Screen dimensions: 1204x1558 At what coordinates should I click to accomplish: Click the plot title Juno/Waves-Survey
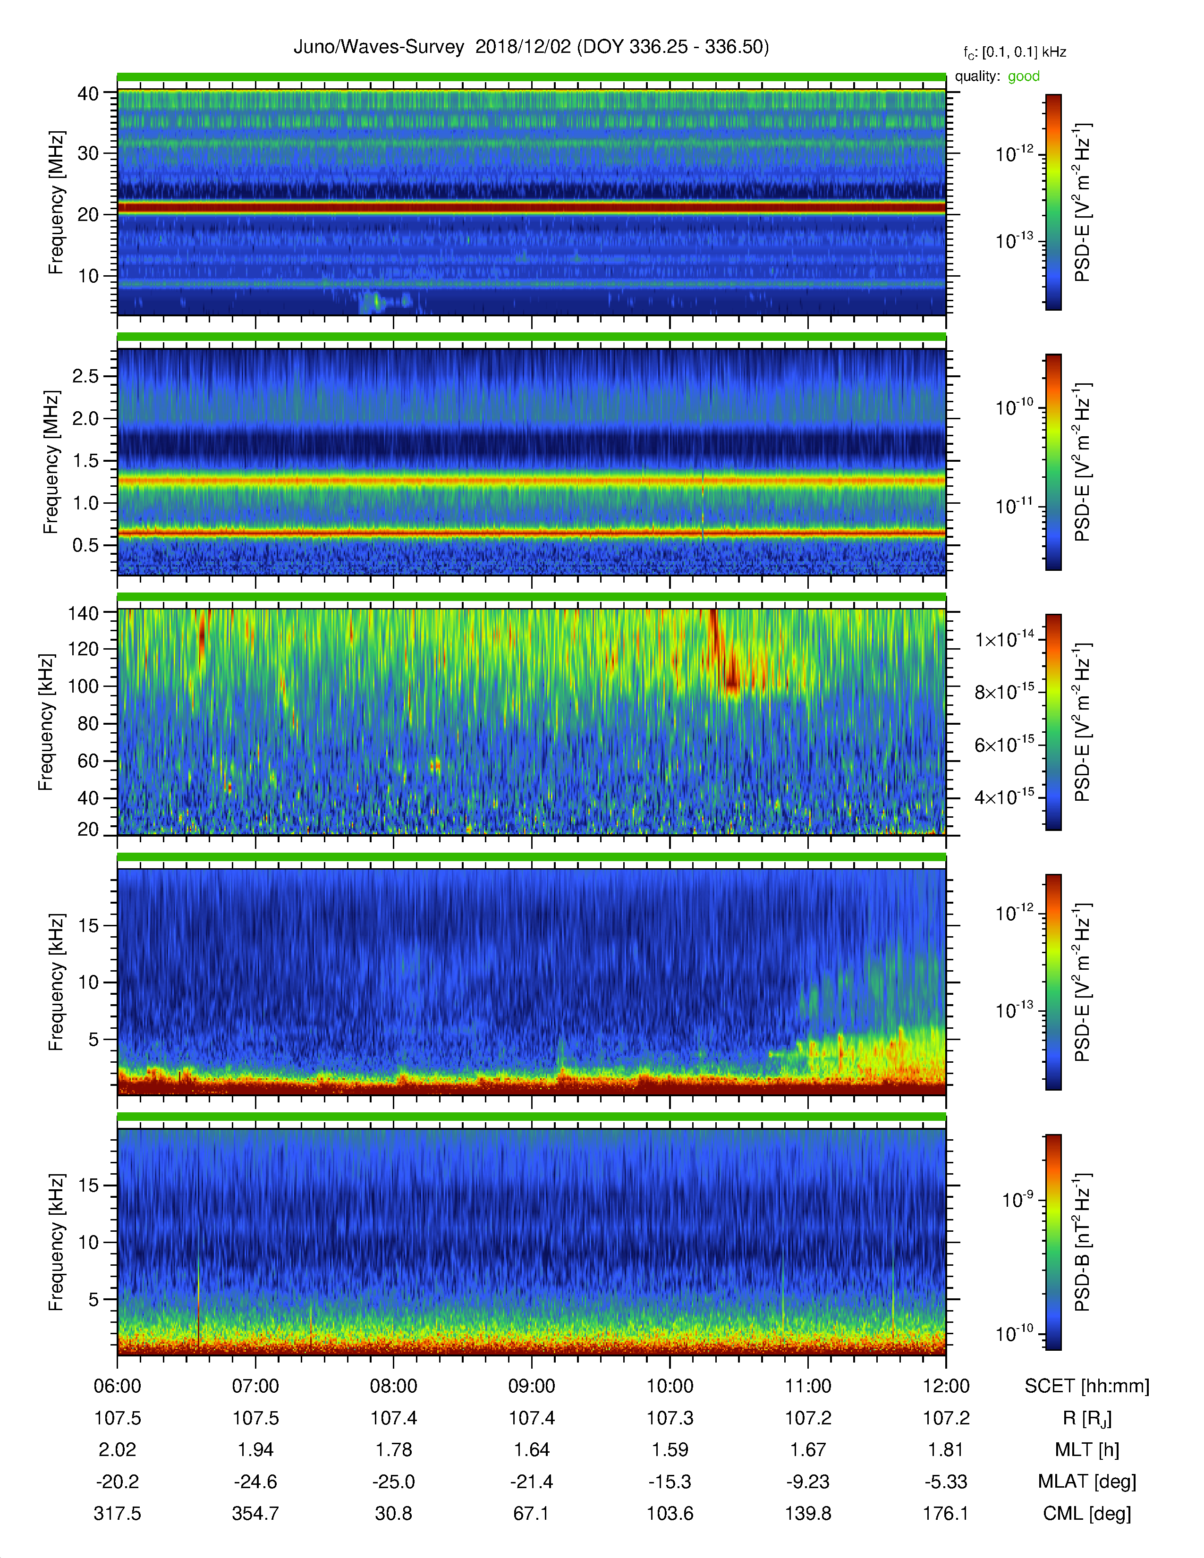[x=379, y=47]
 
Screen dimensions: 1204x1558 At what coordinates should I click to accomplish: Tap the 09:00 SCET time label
[x=531, y=1386]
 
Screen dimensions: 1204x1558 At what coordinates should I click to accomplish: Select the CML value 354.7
[x=255, y=1513]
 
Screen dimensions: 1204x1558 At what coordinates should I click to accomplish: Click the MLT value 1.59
[x=670, y=1449]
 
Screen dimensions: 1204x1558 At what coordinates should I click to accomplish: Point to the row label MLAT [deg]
[x=1086, y=1482]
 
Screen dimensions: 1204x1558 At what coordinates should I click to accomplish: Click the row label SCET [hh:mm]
[x=1086, y=1386]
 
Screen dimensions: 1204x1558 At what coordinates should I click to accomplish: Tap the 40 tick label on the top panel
[x=88, y=93]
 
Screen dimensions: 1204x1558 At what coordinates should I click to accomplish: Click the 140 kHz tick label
[x=83, y=613]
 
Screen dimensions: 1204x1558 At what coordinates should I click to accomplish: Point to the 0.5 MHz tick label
[x=85, y=545]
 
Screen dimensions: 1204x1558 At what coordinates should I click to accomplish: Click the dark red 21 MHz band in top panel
[x=531, y=208]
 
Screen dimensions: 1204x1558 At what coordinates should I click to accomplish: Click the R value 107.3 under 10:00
[x=670, y=1418]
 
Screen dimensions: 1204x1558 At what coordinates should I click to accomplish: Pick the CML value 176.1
[x=946, y=1513]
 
